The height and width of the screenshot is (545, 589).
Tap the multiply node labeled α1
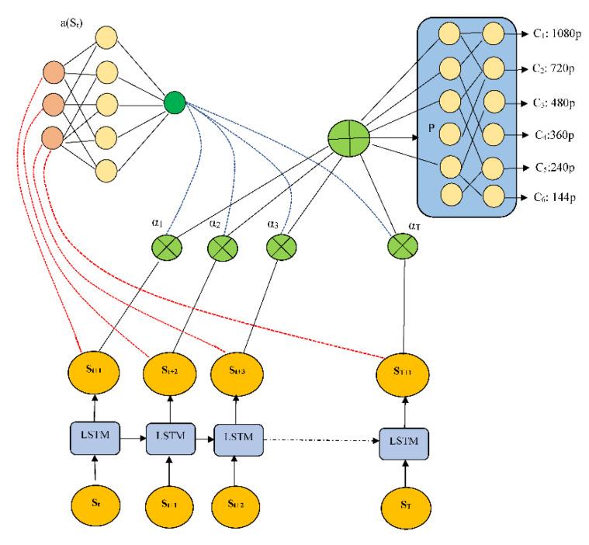point(165,250)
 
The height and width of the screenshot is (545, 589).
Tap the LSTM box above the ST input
point(404,441)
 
